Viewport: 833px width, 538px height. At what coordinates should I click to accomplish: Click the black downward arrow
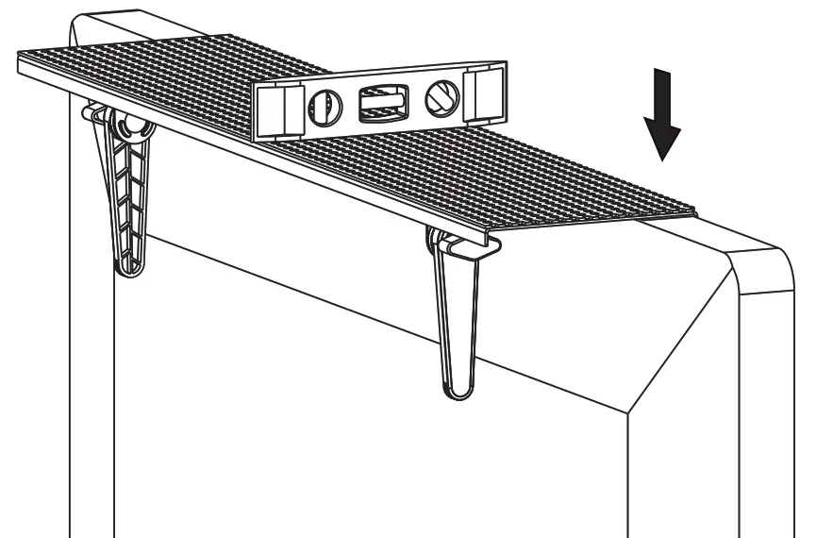[x=663, y=118]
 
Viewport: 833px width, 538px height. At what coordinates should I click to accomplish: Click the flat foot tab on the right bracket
[x=468, y=248]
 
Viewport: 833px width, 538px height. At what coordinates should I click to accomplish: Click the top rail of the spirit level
[x=377, y=74]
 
